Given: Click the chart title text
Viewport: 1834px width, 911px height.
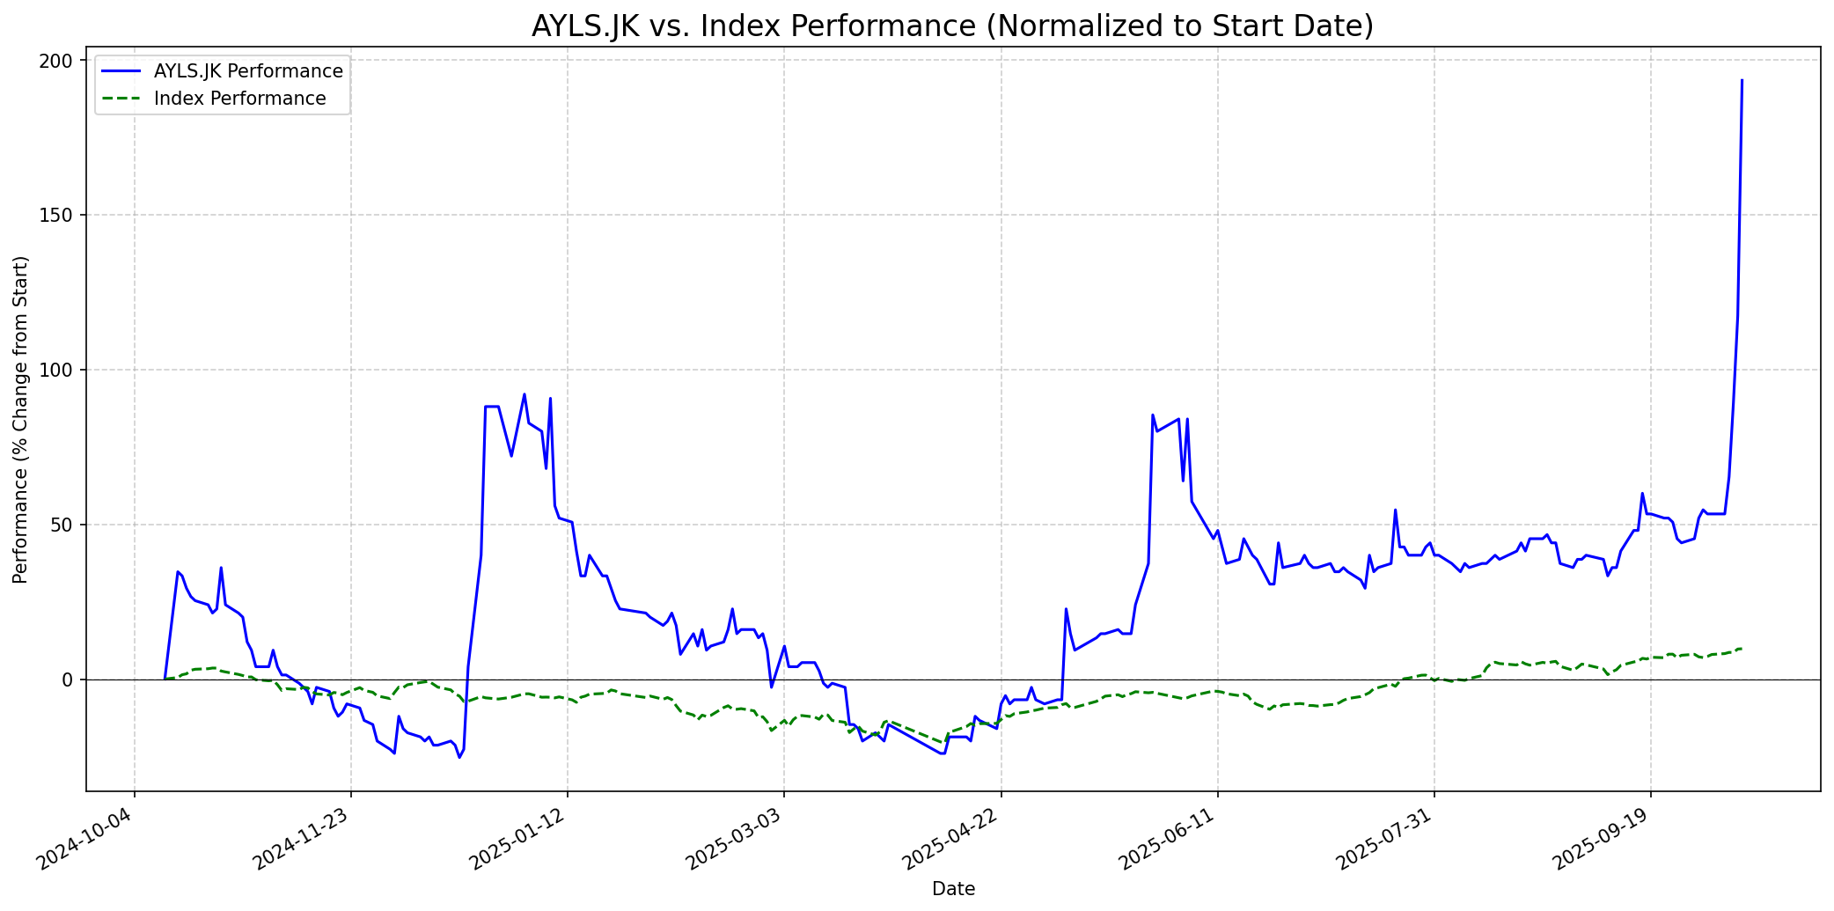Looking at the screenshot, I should [952, 26].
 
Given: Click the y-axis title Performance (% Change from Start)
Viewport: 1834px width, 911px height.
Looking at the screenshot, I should [21, 420].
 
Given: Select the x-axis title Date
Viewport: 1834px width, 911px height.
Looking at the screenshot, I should [953, 890].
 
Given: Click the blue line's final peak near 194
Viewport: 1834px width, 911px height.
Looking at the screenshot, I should [1742, 80].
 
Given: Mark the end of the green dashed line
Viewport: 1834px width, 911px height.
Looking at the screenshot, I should [1742, 649].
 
